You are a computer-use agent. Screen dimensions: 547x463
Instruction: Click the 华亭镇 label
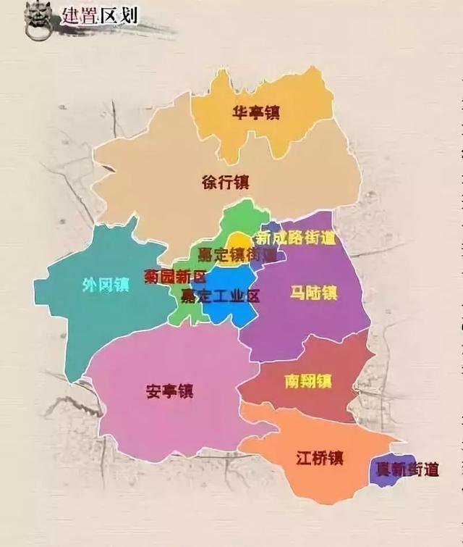[256, 112]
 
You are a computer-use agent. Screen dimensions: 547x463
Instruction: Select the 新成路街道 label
[297, 238]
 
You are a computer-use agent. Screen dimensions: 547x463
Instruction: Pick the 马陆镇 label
[313, 293]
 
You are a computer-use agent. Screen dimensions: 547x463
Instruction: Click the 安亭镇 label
[170, 391]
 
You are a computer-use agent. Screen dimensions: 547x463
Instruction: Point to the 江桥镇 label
[319, 458]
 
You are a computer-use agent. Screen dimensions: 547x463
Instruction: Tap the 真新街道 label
[409, 469]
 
